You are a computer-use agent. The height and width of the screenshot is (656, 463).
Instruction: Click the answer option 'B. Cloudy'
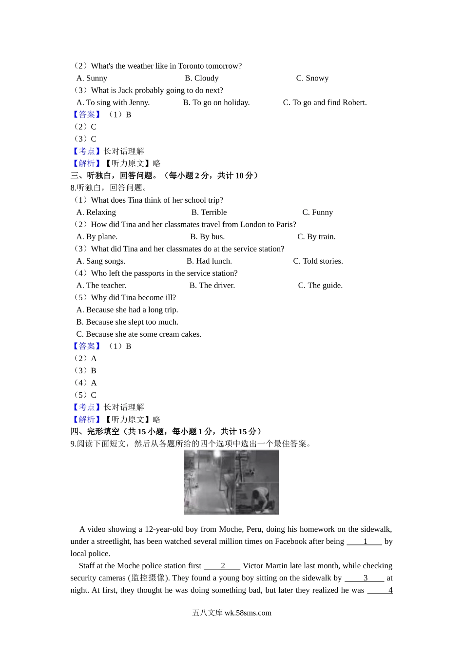point(201,78)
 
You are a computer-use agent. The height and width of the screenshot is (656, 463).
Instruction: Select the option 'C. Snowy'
point(312,78)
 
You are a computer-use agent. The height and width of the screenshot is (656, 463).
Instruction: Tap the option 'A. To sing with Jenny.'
point(113,102)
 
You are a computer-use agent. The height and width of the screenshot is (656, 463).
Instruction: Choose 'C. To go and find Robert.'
point(325,102)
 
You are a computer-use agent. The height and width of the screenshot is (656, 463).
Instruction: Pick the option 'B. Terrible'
point(209,212)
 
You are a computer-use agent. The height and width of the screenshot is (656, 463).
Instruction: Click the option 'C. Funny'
point(317,212)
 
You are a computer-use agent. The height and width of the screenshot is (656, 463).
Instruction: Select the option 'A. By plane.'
point(97,236)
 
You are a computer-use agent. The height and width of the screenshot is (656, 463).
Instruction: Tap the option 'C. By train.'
point(316,236)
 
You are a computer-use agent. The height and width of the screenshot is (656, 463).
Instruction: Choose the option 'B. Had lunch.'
point(209,261)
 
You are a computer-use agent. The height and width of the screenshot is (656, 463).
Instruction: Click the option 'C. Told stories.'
point(318,261)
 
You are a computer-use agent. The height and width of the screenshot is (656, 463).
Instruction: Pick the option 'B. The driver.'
point(212,285)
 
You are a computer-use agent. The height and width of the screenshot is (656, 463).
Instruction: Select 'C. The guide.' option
point(320,285)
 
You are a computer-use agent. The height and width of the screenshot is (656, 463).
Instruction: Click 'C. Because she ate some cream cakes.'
point(139,334)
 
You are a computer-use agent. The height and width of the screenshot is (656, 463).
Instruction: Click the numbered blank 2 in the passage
point(222,566)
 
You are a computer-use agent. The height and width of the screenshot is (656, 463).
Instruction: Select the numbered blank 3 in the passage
point(365,578)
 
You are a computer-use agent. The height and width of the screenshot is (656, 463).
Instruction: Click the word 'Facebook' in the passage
point(290,541)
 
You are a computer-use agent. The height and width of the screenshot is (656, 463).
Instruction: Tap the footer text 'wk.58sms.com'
point(248,613)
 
